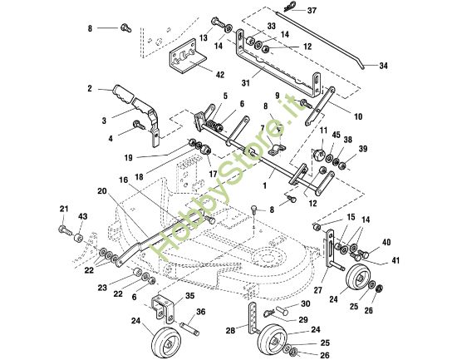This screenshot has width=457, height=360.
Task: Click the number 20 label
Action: pos(100,190)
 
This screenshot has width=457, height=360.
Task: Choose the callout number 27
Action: pos(318,290)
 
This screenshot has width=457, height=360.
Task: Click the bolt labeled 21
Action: pos(65,228)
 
